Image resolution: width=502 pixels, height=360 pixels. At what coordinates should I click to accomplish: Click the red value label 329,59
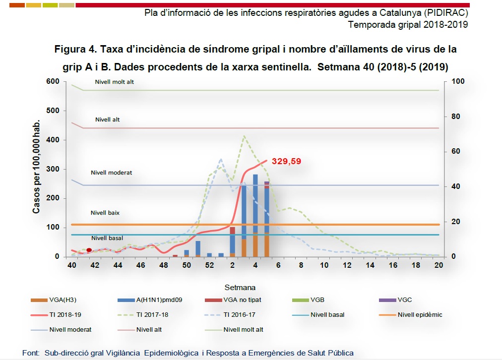pos(286,161)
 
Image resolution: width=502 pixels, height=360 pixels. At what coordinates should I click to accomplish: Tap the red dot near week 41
pos(89,250)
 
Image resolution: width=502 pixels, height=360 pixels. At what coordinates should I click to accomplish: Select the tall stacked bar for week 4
pos(255,215)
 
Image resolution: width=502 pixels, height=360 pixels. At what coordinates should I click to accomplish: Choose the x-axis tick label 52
pos(209,265)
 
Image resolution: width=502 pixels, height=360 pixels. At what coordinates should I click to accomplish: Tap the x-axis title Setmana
pos(240,287)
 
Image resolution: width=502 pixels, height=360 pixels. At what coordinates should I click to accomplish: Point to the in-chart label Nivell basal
pos(107,238)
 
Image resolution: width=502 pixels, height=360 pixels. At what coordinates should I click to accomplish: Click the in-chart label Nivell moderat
pos(111,173)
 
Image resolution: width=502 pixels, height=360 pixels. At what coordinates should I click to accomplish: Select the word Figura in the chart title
pos(71,50)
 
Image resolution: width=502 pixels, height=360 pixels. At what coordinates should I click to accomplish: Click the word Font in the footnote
pos(30,353)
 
